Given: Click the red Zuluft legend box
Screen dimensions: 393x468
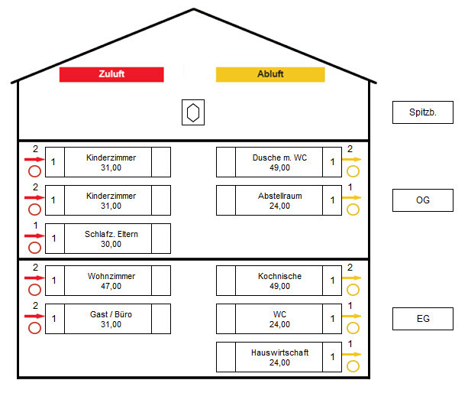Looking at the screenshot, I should point(111,74).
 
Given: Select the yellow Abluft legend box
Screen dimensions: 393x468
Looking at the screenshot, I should point(270,74).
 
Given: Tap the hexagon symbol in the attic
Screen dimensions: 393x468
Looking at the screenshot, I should point(194,112).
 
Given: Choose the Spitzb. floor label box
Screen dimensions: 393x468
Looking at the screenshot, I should point(422,112).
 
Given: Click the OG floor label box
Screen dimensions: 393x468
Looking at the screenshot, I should point(422,200).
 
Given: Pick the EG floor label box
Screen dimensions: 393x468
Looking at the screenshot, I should point(422,319).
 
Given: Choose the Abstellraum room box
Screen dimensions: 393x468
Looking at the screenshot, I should point(279,200).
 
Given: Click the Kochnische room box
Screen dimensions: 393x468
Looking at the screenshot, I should point(279,281).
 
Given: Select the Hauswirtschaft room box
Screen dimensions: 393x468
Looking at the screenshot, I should point(279,357).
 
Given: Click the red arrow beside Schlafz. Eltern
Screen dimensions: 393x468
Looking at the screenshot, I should point(34,236).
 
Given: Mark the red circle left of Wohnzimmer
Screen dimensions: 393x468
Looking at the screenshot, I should point(34,290).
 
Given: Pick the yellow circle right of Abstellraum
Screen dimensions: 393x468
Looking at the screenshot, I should point(353,209).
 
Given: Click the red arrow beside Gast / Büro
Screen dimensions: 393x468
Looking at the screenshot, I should point(34,316).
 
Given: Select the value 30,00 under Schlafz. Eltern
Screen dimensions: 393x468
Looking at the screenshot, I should point(111,244).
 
